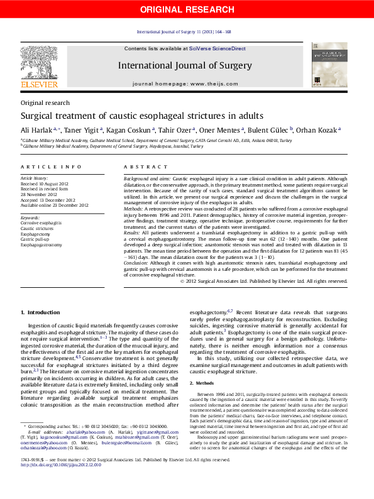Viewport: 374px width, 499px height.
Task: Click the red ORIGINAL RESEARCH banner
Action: pos(187,9)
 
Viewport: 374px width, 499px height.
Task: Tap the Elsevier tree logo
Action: pos(39,63)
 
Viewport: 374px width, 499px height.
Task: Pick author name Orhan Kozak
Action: pos(319,130)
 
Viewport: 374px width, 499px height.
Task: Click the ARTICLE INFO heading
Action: pos(51,167)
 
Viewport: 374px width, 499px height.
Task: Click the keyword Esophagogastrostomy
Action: pos(41,244)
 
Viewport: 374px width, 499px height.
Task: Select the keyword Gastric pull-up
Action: pos(36,239)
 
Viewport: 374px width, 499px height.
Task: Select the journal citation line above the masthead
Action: pos(184,31)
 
